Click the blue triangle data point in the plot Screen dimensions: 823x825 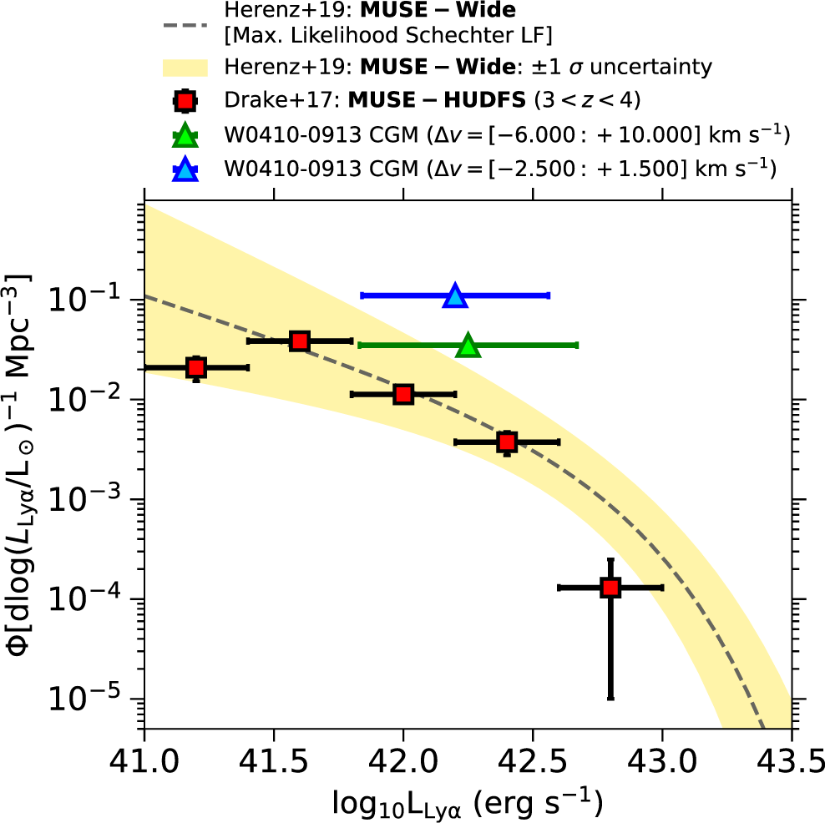[x=455, y=295]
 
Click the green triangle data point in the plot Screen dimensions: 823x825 [x=468, y=346]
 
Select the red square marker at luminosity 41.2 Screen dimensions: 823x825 [x=196, y=367]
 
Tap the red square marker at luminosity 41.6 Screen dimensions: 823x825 [x=300, y=341]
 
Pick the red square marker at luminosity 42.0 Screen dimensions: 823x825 [x=403, y=394]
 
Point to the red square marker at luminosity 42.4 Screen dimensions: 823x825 [x=507, y=442]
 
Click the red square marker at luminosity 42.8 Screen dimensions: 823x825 [x=610, y=588]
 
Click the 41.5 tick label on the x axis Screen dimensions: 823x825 [x=273, y=762]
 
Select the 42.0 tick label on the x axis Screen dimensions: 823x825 [x=403, y=762]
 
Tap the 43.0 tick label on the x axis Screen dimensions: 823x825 [x=662, y=762]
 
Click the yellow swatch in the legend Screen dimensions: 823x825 [x=185, y=66]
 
